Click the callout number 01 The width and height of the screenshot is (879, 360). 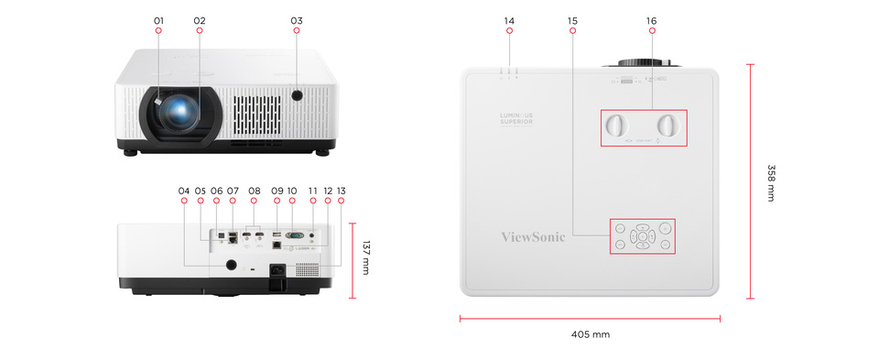[x=158, y=20]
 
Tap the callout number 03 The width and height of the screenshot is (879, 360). [x=296, y=20]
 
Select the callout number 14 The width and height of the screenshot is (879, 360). [x=510, y=20]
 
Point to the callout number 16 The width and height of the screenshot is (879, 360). [x=651, y=20]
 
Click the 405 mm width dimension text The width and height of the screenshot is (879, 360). [x=590, y=334]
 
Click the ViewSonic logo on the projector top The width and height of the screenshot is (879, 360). [x=533, y=236]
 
